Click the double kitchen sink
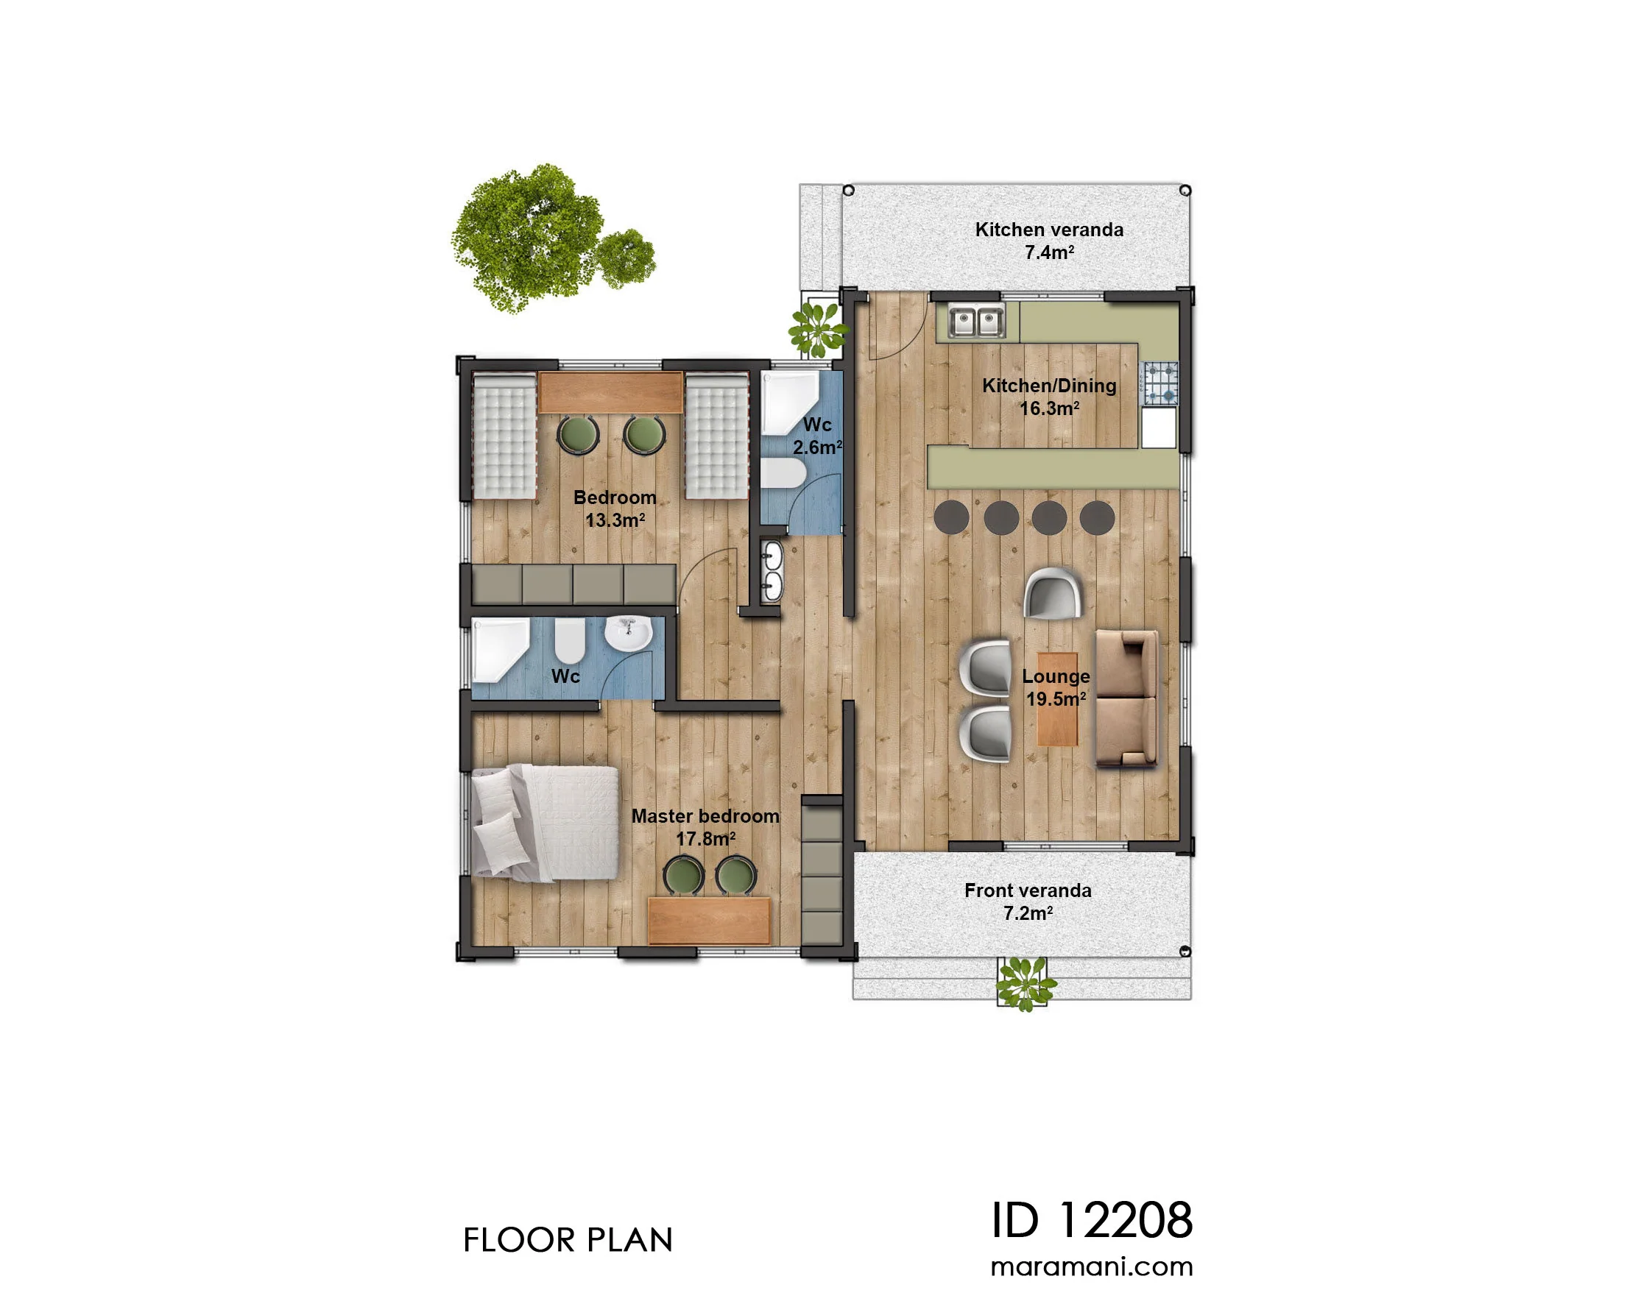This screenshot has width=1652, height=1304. pyautogui.click(x=976, y=322)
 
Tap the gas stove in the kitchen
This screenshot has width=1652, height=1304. pyautogui.click(x=1159, y=383)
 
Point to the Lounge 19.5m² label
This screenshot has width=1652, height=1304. pyautogui.click(x=1056, y=687)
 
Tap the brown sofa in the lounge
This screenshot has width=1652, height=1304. pyautogui.click(x=1126, y=698)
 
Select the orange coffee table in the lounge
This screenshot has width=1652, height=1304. pyautogui.click(x=1057, y=698)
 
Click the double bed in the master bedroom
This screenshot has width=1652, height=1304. pyautogui.click(x=545, y=823)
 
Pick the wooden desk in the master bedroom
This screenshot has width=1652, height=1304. pyautogui.click(x=708, y=920)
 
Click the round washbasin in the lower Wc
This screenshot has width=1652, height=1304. pyautogui.click(x=628, y=634)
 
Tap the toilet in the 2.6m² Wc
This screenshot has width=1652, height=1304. pyautogui.click(x=782, y=472)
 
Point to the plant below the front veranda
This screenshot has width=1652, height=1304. pyautogui.click(x=1026, y=983)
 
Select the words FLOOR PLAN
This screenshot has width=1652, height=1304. pyautogui.click(x=568, y=1240)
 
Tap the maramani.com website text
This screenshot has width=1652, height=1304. pyautogui.click(x=1092, y=1266)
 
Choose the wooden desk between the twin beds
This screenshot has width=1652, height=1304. pyautogui.click(x=610, y=392)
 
